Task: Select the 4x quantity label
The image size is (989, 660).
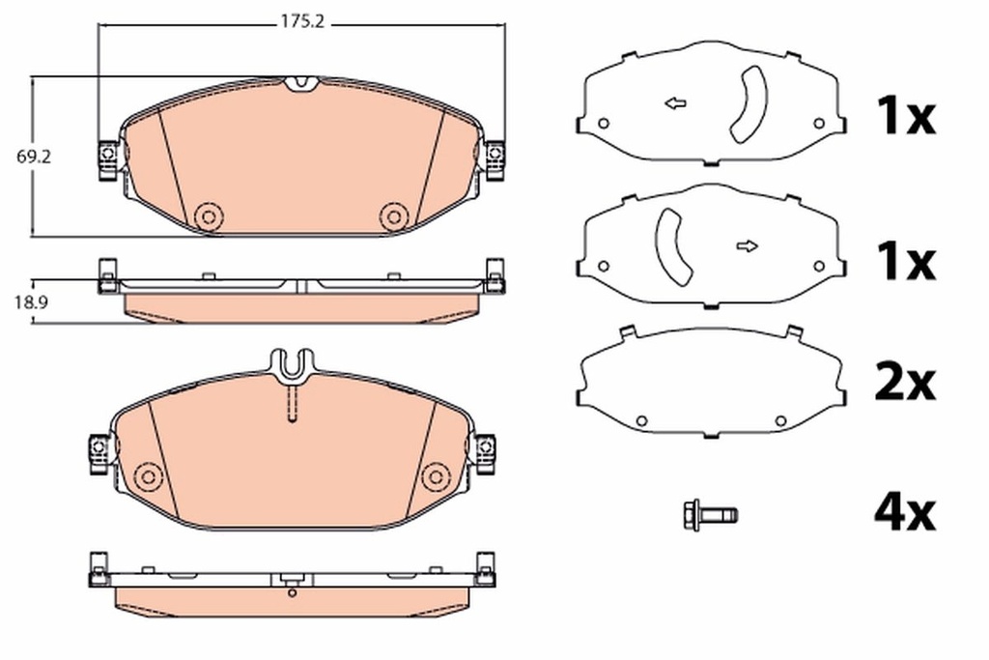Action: click(904, 514)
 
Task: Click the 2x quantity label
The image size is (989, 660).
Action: click(904, 385)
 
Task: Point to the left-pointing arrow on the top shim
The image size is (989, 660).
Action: click(675, 103)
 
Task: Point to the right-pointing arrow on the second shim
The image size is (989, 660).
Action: click(747, 246)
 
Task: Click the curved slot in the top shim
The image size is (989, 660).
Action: click(747, 106)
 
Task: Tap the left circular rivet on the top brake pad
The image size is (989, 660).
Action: click(206, 216)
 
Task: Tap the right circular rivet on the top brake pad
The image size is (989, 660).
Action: click(392, 216)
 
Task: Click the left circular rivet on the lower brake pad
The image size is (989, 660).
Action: click(148, 475)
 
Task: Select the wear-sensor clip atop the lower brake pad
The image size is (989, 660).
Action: click(291, 366)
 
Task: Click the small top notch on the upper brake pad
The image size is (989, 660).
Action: click(302, 83)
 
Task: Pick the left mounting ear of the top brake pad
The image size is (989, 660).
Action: click(107, 158)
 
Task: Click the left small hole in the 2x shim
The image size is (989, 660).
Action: click(641, 420)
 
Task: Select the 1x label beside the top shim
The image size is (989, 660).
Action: click(904, 118)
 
